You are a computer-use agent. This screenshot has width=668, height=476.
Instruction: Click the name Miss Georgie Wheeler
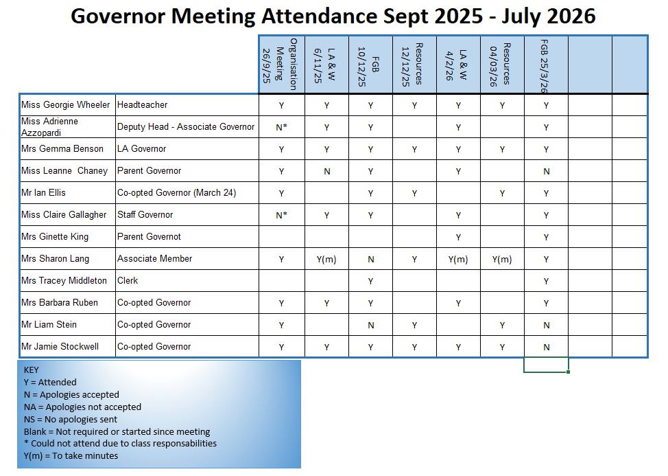[65, 105]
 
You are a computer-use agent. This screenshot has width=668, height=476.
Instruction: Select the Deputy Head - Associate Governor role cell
[185, 127]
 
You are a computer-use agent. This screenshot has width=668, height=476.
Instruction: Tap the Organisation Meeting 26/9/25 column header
[281, 64]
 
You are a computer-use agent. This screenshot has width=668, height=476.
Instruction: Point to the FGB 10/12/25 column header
[370, 64]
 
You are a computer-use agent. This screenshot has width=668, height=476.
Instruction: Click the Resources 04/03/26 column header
[502, 64]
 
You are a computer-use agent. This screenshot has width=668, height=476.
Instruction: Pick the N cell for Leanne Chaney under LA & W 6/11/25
[326, 171]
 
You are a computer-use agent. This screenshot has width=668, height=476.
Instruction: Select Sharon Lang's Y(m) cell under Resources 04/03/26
[502, 259]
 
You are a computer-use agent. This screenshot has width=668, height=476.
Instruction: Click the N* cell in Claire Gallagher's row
[281, 215]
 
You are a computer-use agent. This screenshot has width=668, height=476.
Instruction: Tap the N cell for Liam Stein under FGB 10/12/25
[370, 325]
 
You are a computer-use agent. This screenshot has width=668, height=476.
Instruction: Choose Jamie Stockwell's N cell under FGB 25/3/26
[547, 347]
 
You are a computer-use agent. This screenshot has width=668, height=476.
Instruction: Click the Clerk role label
[128, 281]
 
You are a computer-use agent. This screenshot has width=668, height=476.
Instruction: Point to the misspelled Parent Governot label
[149, 237]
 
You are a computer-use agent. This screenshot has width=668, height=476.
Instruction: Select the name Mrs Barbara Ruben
[60, 303]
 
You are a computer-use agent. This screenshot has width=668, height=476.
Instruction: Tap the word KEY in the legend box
[32, 370]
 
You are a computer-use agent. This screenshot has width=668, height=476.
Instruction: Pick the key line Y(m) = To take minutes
[71, 456]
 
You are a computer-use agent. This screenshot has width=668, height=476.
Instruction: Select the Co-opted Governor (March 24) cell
[176, 193]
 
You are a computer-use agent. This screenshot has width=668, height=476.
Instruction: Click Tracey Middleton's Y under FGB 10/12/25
[370, 281]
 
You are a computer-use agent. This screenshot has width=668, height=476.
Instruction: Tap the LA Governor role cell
[141, 149]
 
